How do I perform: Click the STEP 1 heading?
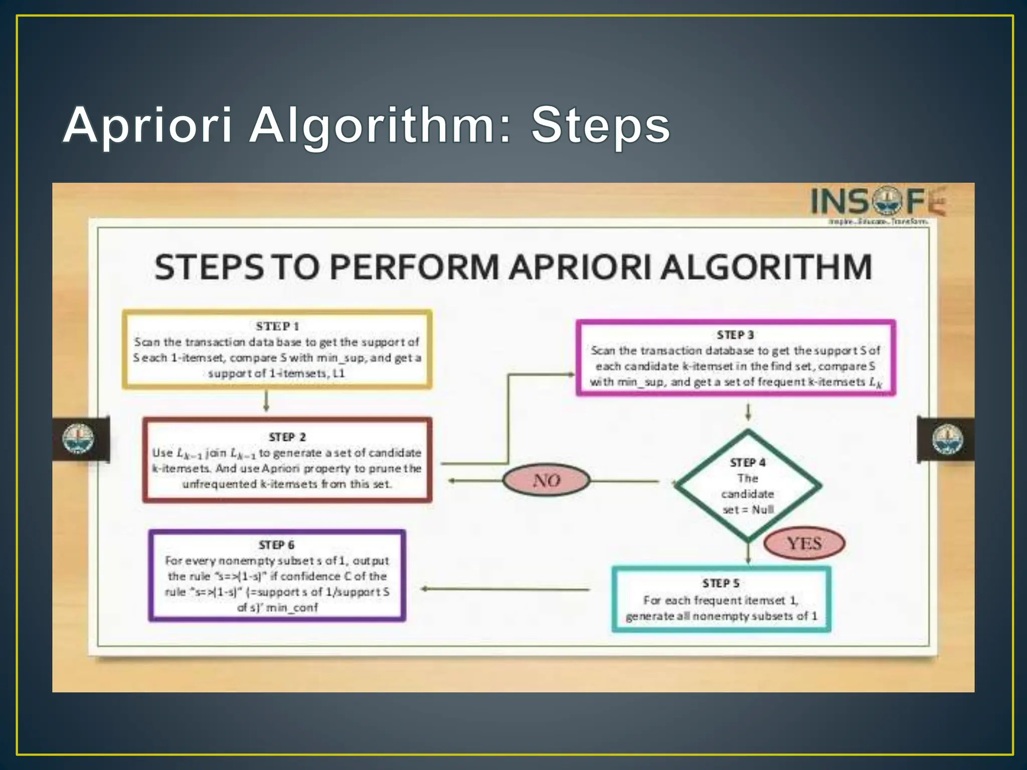[277, 326]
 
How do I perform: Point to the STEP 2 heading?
[287, 437]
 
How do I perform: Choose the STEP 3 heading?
[735, 335]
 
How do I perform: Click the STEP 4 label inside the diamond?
[748, 462]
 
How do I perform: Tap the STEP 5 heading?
[721, 583]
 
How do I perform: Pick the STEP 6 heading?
[276, 545]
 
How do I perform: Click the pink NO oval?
[546, 480]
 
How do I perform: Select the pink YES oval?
[804, 543]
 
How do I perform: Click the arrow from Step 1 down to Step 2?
[266, 401]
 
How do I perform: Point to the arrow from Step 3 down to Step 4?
[748, 412]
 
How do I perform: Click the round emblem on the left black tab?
[78, 439]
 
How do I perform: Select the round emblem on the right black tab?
[947, 439]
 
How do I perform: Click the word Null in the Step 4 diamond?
[763, 510]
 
